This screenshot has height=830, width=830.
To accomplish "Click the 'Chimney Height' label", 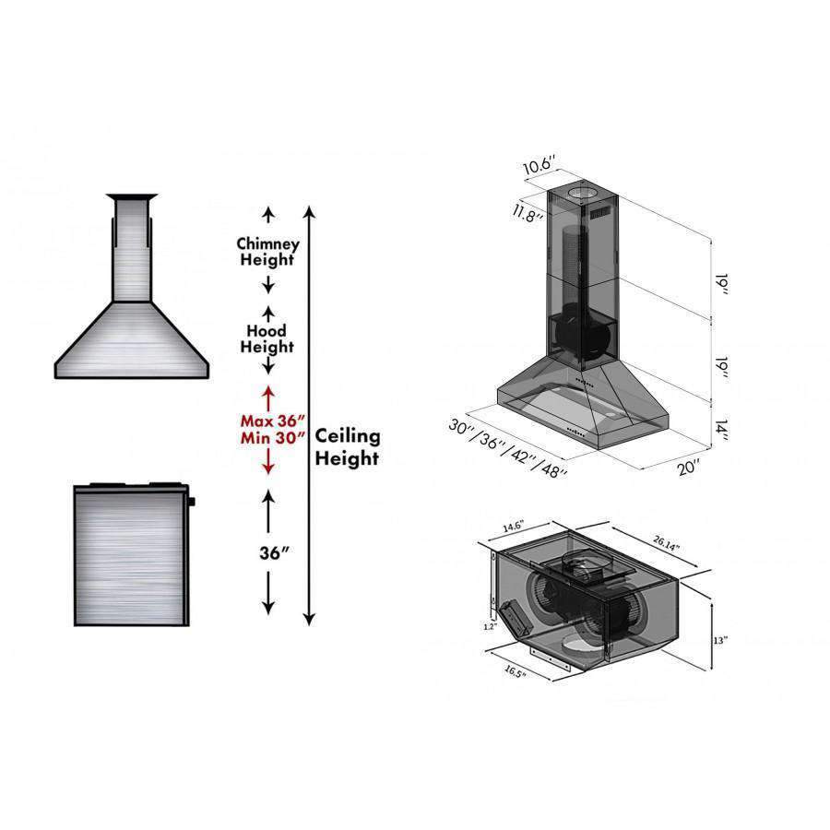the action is pos(267,252).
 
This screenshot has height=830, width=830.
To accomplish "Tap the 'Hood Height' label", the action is pos(267,338).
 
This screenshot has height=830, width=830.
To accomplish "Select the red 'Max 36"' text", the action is pos(273,421).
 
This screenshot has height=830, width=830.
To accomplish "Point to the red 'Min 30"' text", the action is pos(273,438).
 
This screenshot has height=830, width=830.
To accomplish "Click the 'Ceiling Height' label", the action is pos(348,446).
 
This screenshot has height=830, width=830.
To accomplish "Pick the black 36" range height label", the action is pos(274,552).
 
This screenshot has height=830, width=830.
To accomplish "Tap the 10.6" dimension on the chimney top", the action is pos(539,165).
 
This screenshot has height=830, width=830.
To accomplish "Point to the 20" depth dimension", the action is pos(688,468).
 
